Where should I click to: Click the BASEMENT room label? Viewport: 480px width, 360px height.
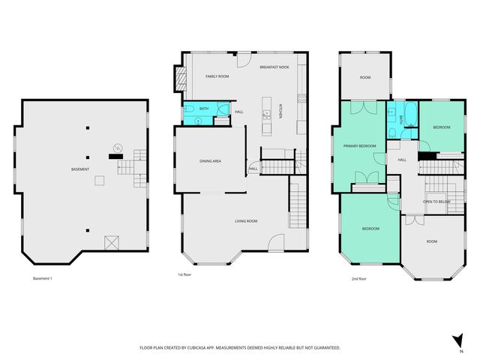click(x=81, y=169)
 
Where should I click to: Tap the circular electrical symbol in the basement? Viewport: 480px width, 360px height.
click(x=116, y=146)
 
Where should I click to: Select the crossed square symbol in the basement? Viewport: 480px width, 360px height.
click(x=112, y=241)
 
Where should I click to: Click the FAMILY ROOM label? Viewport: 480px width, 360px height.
click(x=217, y=76)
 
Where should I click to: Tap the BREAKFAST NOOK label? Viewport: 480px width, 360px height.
click(x=274, y=67)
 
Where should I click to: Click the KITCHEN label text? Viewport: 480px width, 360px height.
click(x=280, y=111)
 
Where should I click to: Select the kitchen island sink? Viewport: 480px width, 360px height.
click(x=266, y=115)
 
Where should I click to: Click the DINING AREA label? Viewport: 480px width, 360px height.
click(x=210, y=161)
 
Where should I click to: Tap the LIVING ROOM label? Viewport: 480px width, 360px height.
click(x=246, y=220)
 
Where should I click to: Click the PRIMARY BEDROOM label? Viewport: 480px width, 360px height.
click(x=359, y=145)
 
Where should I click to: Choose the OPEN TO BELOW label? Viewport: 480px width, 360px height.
click(x=436, y=202)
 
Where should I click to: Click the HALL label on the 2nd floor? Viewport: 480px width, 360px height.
click(x=402, y=160)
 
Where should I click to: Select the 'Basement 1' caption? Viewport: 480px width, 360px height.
click(x=43, y=278)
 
